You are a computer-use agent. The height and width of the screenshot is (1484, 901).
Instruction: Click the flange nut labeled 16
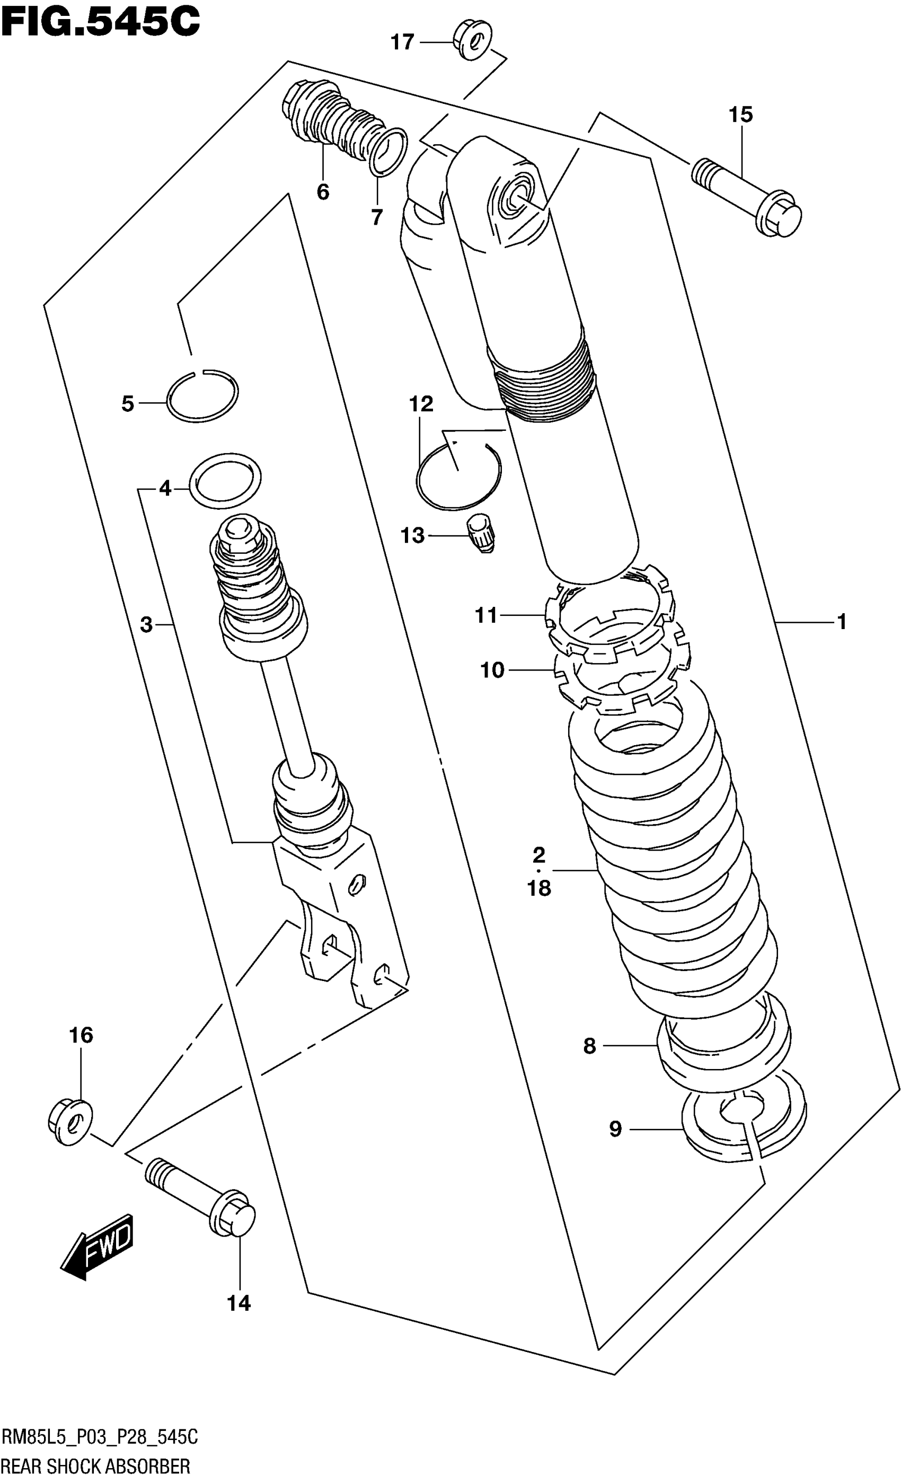pos(70,1121)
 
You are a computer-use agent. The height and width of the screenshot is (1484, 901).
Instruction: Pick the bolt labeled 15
pos(747,196)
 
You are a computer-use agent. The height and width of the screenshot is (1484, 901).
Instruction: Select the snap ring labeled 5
pos(202,396)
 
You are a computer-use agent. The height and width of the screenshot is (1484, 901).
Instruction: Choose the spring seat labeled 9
pos(745,1125)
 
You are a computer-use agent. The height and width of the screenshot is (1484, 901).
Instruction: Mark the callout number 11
pos(486,615)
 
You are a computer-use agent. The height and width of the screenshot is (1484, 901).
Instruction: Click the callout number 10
pos(492,670)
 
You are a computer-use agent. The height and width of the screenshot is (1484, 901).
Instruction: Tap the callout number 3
pos(146,625)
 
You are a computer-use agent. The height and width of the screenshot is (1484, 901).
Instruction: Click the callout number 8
pos(589,1046)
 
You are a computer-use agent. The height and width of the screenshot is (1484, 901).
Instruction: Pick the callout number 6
pos(323,192)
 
